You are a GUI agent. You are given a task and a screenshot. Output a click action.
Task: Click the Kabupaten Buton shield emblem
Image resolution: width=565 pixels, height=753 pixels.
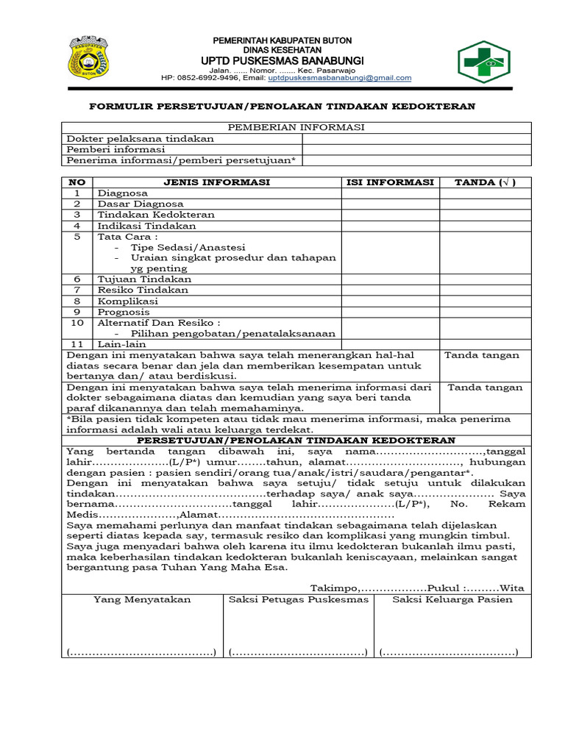(88, 57)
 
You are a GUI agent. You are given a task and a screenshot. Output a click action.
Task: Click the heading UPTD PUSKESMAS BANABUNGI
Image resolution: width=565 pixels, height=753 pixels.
(282, 60)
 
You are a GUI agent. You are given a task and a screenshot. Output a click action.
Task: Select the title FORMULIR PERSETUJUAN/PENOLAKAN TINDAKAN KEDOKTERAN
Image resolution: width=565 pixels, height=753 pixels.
(282, 107)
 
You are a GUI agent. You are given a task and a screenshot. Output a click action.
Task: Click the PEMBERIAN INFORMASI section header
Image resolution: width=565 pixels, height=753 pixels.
(296, 127)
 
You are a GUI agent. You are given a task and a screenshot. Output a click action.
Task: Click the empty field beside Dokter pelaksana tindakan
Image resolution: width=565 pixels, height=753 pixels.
(416, 138)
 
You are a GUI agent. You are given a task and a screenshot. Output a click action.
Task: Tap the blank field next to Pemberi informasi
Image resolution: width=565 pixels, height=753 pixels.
(416, 149)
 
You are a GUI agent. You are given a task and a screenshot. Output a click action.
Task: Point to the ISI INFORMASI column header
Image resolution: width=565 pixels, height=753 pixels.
(391, 182)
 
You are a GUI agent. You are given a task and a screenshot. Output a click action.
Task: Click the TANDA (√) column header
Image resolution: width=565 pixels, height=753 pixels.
(486, 182)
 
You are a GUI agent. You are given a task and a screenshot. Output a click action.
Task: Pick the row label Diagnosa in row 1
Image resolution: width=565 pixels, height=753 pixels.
(123, 193)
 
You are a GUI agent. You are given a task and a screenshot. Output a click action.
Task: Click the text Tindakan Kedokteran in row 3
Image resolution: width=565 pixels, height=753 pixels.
(157, 215)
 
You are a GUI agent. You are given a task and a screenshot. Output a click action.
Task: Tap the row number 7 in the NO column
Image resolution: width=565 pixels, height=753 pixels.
(77, 290)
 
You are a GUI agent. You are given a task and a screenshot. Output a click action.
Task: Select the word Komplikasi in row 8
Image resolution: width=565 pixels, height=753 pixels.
(128, 301)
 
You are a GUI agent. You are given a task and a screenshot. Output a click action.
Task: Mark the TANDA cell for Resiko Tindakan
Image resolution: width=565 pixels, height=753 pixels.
(486, 290)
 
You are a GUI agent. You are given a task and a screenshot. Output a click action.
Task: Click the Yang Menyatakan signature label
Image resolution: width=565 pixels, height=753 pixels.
(142, 599)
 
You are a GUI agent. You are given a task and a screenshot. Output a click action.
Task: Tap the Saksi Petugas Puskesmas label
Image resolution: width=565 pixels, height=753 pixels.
(299, 599)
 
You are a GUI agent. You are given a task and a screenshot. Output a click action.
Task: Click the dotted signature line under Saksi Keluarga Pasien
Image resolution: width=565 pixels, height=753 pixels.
(449, 652)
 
